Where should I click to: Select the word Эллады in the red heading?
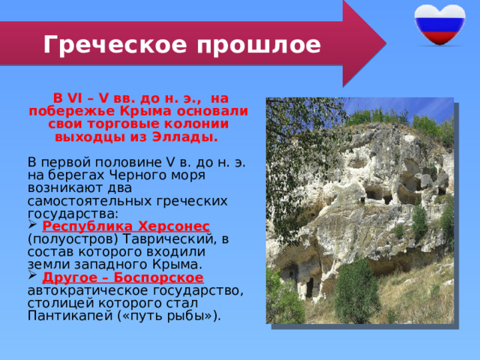click(190, 138)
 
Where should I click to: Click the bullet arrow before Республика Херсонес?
click(31, 226)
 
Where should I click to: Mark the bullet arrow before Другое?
click(31, 277)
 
